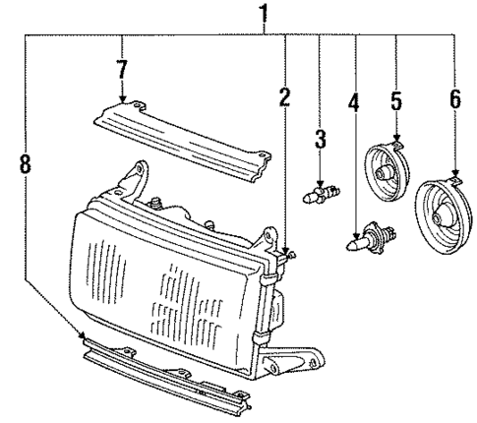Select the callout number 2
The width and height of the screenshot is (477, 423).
[x=284, y=97]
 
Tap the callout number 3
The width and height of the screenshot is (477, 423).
[x=321, y=140]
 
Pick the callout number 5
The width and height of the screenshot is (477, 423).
[x=395, y=101]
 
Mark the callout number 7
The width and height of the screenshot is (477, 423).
[x=121, y=72]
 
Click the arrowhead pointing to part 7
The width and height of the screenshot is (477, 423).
[x=121, y=100]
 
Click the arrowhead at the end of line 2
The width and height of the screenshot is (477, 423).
[x=284, y=254]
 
